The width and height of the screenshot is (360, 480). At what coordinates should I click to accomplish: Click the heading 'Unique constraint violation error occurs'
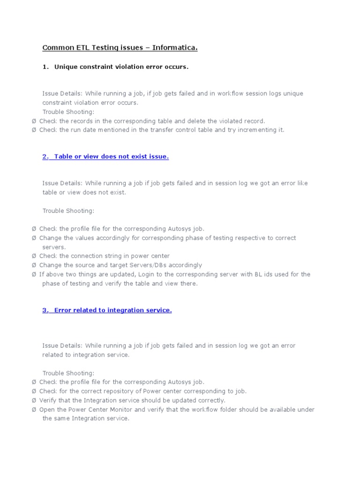click(121, 67)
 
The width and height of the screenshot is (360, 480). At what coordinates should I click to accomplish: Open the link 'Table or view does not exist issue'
click(105, 157)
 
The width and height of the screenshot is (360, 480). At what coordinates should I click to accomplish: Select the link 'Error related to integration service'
click(107, 310)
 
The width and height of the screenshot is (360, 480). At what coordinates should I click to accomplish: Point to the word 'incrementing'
click(260, 130)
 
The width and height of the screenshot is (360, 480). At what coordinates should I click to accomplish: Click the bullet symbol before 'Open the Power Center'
click(34, 409)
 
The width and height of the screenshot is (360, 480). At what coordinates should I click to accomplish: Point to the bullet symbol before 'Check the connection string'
click(34, 256)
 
